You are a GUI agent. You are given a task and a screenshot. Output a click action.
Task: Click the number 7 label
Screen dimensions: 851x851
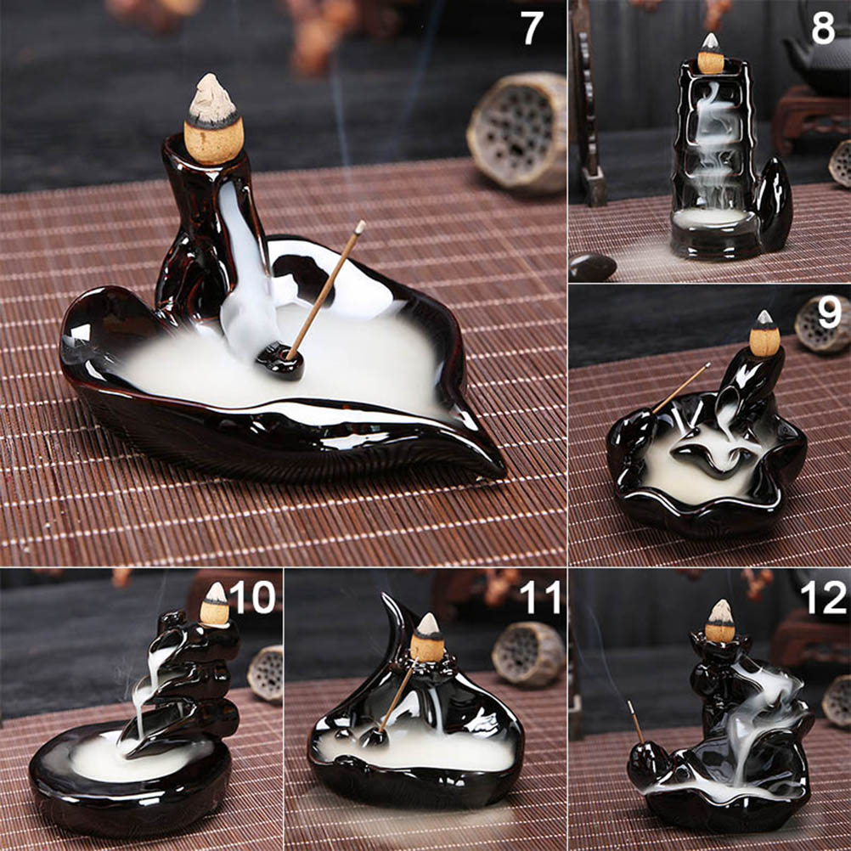point(532,28)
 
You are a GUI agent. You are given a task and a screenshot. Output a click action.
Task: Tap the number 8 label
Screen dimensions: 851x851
point(823,28)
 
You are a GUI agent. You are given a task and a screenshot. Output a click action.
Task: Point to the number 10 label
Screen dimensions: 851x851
point(252,597)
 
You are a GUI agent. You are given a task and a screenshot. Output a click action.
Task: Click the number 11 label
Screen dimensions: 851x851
point(539,597)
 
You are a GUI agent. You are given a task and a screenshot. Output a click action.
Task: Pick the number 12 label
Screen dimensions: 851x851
point(824,597)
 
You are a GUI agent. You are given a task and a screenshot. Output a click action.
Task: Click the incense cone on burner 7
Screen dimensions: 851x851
point(211,120)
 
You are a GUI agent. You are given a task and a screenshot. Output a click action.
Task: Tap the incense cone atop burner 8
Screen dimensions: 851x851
point(710,54)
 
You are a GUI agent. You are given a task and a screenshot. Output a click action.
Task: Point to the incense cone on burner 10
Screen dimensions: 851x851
point(215,606)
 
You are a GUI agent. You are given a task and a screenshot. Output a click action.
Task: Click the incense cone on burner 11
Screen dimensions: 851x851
point(427,638)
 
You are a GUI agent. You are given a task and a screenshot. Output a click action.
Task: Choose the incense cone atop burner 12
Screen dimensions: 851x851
point(720,622)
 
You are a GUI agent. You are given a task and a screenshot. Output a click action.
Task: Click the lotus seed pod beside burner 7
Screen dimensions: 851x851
point(517,132)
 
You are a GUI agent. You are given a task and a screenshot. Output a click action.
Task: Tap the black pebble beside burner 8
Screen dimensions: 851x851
point(592,268)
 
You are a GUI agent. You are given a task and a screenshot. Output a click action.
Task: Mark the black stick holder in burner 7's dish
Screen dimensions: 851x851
point(280,361)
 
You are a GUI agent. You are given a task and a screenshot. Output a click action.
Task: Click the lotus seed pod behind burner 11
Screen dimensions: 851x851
point(528,654)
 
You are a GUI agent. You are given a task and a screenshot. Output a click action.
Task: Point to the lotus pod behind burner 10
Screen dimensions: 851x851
point(265,673)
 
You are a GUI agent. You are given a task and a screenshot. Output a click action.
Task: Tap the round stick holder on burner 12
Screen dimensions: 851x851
point(649,764)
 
